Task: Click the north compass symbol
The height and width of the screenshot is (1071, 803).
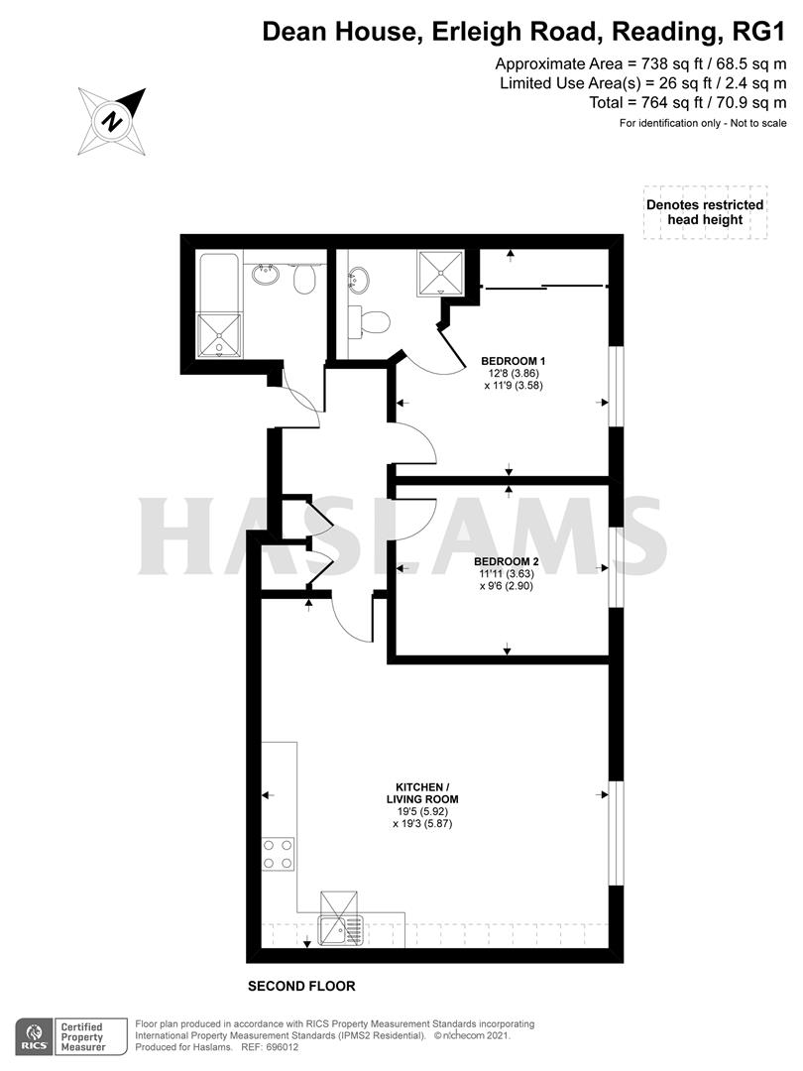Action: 114,121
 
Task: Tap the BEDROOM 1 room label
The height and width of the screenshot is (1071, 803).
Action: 514,360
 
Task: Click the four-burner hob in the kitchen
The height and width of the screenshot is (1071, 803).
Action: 279,854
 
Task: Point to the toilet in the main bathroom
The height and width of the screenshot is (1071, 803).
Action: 305,282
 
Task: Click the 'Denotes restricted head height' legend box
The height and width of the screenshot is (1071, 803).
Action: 705,212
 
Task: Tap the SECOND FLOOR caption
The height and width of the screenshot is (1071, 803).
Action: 301,987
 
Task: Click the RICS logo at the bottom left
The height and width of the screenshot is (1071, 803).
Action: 34,1036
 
